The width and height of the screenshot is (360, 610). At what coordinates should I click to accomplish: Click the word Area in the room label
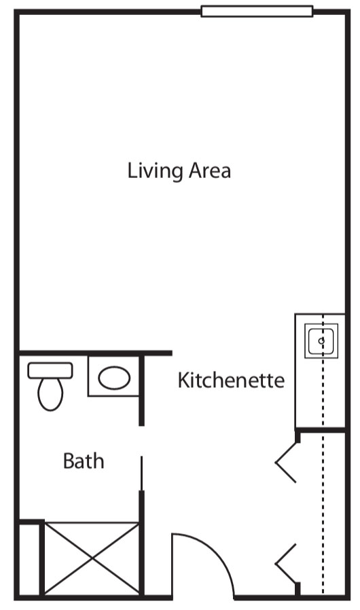point(210,171)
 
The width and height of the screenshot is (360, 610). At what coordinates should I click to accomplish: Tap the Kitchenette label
point(231,380)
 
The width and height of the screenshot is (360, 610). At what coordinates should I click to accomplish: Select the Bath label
point(84,461)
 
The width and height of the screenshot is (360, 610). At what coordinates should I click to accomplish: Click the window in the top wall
point(257,12)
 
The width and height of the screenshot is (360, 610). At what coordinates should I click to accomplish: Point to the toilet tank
point(50,370)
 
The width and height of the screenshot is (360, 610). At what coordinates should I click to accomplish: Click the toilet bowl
point(50,394)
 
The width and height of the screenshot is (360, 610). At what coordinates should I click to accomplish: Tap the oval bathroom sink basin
point(114,378)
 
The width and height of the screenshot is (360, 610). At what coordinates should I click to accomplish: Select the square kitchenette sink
point(321,341)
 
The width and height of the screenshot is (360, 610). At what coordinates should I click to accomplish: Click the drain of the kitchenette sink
point(321,341)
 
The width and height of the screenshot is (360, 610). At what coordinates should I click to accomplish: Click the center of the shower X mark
point(92,558)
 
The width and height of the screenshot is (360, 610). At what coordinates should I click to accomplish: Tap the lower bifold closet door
point(287,564)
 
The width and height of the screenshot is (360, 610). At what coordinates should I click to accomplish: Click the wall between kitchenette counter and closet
point(321,430)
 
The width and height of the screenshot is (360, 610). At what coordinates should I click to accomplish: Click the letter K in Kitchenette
point(183,380)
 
